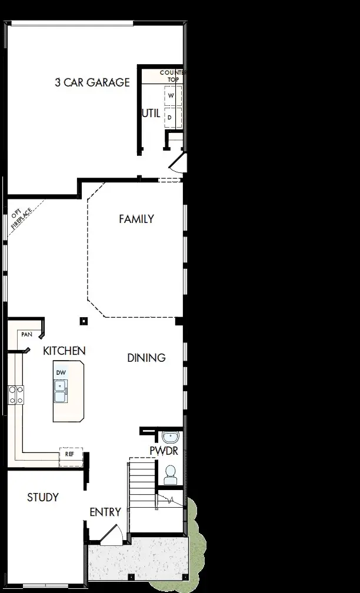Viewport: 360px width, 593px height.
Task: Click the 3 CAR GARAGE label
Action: (92, 82)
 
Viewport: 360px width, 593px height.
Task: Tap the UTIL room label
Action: (151, 113)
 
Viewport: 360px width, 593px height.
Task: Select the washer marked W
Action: (171, 95)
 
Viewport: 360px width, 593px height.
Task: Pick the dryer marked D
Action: (171, 116)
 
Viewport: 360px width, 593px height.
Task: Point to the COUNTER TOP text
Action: (173, 76)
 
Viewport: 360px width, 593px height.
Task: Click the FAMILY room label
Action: (136, 219)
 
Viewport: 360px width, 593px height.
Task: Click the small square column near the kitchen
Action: (84, 321)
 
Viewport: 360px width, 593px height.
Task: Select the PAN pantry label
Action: (26, 334)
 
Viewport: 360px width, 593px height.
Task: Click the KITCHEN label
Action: (64, 351)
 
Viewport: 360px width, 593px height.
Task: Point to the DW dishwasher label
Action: (61, 373)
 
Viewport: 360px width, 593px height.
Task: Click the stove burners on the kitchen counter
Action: (15, 394)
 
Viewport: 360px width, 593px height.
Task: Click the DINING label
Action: (146, 358)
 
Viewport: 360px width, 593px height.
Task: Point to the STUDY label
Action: (43, 498)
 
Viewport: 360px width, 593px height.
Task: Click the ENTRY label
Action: (105, 512)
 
